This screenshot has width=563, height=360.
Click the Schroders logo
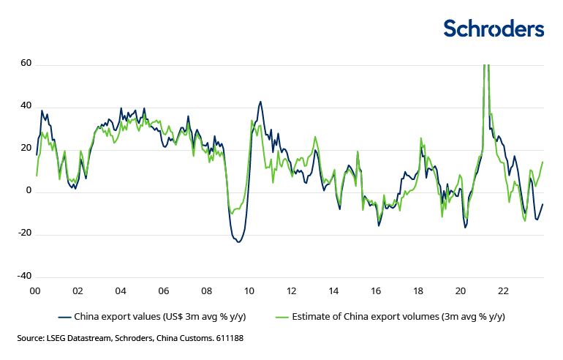[494, 29]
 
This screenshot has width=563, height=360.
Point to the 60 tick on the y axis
[26, 64]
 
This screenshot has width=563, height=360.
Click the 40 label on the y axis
[26, 106]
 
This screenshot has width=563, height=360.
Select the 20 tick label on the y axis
[26, 149]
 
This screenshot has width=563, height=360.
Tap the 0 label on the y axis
[28, 191]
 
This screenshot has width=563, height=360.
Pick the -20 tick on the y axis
[24, 233]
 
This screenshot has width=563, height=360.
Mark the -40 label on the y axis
[24, 276]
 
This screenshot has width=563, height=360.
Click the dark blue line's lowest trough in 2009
[238, 241]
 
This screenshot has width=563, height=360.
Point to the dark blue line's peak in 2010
[260, 102]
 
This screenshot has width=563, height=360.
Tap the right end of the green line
[543, 162]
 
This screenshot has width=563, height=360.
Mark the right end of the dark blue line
[543, 204]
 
